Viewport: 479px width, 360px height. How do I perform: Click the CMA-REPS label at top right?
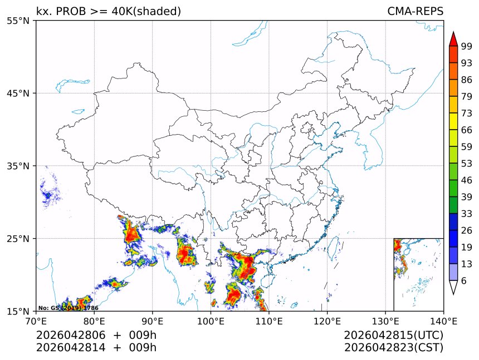(415, 12)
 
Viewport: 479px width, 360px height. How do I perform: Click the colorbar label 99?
(467, 46)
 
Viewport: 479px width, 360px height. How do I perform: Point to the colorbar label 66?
(467, 130)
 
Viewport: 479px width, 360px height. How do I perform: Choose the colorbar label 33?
(467, 214)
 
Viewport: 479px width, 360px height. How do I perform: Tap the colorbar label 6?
(464, 281)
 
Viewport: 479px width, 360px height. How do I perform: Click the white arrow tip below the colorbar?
(453, 288)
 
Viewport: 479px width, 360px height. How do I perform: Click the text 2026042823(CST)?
(393, 348)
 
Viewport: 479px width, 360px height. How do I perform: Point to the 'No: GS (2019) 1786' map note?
(68, 308)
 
